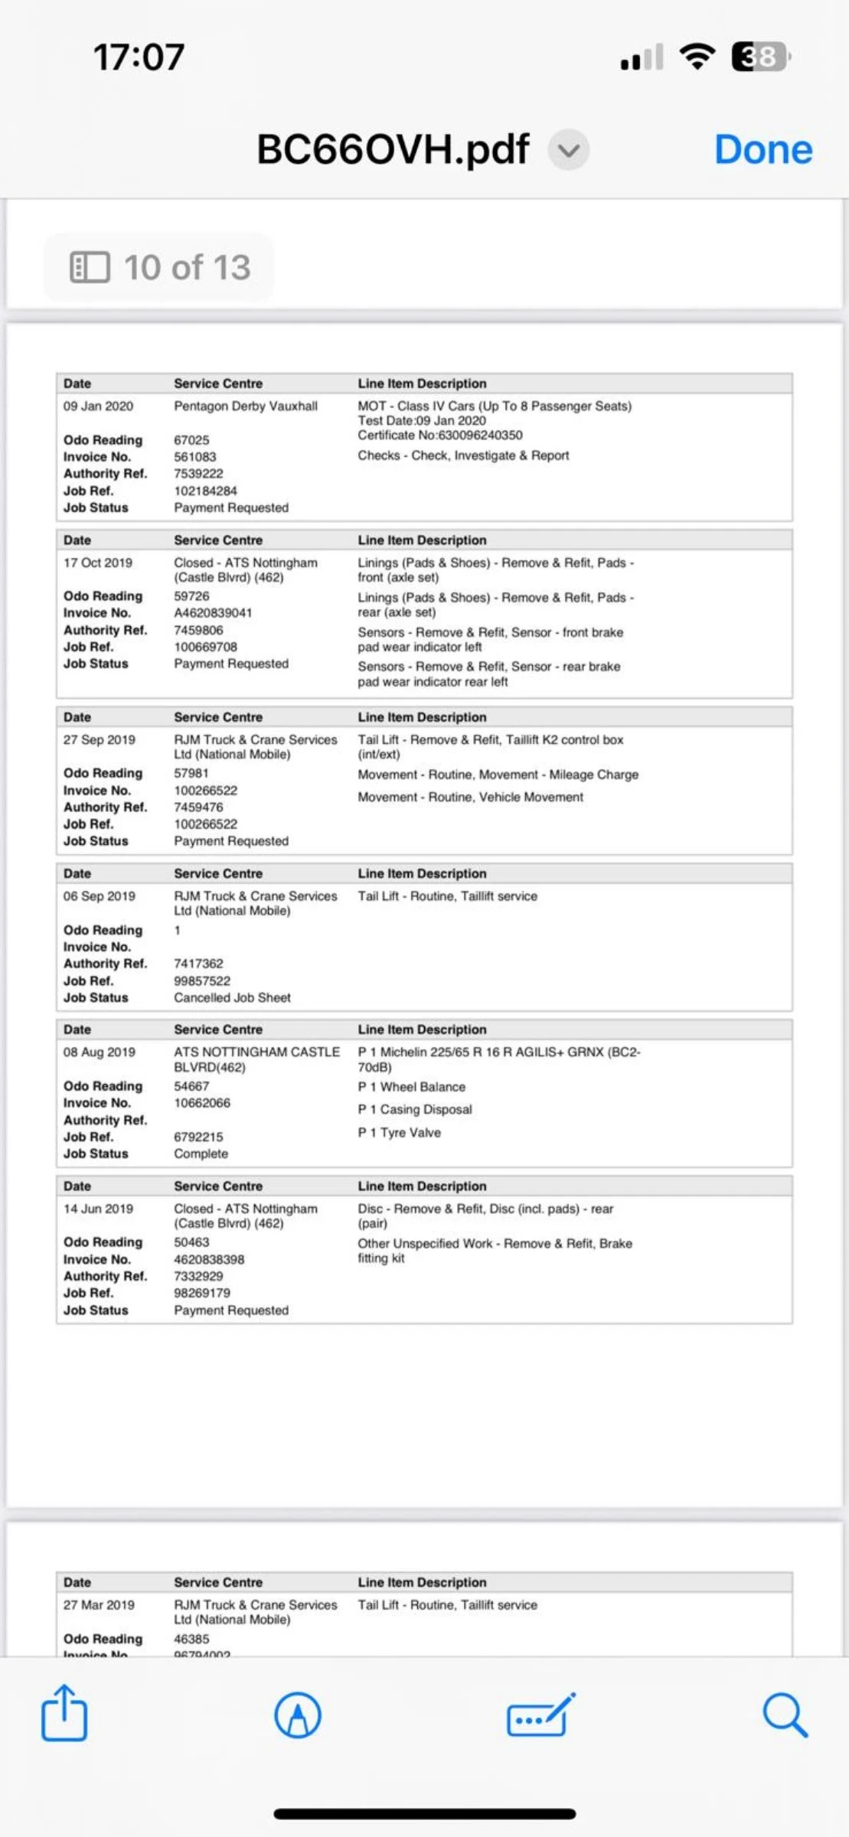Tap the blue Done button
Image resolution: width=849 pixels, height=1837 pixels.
pos(762,150)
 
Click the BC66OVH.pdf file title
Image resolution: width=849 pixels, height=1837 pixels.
pos(392,150)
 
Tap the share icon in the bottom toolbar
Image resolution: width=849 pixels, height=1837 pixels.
pos(64,1714)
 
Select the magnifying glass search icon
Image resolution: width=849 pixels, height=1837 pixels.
pos(785,1715)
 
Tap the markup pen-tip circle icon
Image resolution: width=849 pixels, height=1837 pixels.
pos(298,1715)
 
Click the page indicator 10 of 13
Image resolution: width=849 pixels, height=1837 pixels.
pos(160,267)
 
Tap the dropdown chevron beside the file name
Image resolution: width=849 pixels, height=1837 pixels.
pos(568,150)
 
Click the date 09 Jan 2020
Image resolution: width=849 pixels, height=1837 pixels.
pos(98,406)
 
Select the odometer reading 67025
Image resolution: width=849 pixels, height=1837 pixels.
pos(191,440)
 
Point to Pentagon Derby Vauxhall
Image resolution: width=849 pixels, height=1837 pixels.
pos(245,406)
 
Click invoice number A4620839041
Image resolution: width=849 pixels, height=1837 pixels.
pos(213,613)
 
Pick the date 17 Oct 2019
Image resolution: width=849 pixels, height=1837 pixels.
pos(98,563)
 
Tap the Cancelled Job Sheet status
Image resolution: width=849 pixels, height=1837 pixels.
pos(232,998)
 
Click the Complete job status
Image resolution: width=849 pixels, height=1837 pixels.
pos(201,1153)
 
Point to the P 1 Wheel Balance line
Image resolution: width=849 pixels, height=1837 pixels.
pos(411,1087)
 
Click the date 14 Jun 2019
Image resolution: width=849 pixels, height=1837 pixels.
pos(98,1209)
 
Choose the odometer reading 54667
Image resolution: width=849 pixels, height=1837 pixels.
pos(191,1086)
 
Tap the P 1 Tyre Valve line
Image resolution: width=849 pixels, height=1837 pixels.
pos(399,1133)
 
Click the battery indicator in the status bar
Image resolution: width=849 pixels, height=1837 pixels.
pos(760,57)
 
